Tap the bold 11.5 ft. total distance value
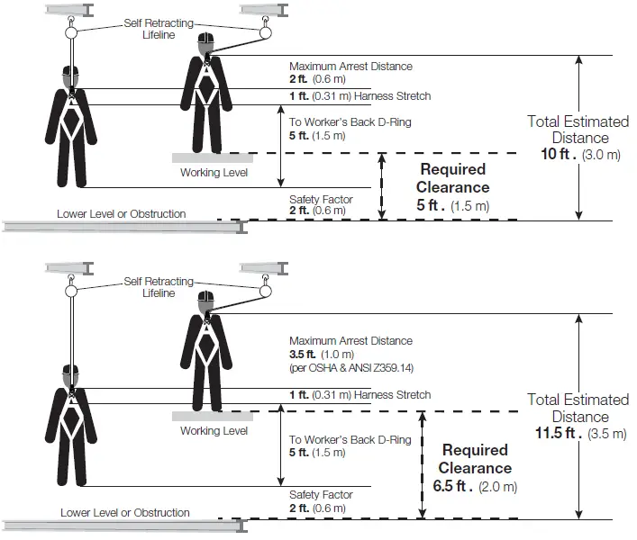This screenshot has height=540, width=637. pyautogui.click(x=554, y=434)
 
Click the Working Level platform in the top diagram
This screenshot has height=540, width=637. pyautogui.click(x=213, y=157)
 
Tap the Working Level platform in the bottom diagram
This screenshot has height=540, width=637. pyautogui.click(x=213, y=416)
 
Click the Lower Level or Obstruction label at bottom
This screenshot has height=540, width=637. pyautogui.click(x=125, y=513)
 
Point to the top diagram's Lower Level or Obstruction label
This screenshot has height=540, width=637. pyautogui.click(x=122, y=214)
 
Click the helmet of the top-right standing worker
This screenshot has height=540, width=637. pyautogui.click(x=206, y=42)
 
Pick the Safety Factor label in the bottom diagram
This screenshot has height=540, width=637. pyautogui.click(x=321, y=495)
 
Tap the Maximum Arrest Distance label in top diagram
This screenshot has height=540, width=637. pyautogui.click(x=350, y=67)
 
